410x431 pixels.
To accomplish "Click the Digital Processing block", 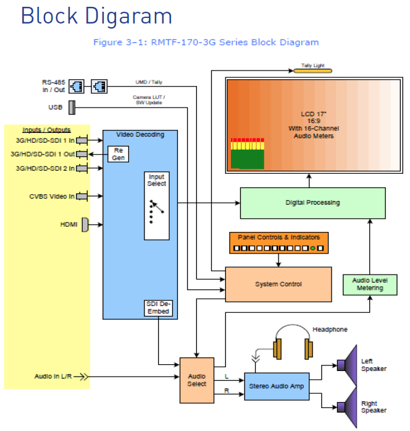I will tap(312, 203).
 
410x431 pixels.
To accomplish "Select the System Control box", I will tap(278, 284).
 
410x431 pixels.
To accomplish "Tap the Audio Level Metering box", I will tap(369, 284).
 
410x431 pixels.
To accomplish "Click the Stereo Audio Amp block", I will tap(276, 386).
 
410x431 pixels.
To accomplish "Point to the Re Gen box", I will tap(117, 153).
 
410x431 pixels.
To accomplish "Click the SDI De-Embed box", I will tap(157, 307).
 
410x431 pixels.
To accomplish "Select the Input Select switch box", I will tap(156, 206).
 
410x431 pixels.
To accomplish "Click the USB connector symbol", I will tap(72, 107).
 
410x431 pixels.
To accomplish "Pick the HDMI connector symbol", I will tap(85, 224).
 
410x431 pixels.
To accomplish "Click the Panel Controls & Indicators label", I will tap(279, 237).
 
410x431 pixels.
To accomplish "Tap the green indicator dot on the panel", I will tap(313, 249).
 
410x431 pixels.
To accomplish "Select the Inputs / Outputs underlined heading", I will tap(46, 130).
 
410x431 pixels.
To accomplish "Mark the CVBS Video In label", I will tap(51, 197).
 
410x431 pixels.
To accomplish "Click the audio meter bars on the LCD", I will tap(246, 154).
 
